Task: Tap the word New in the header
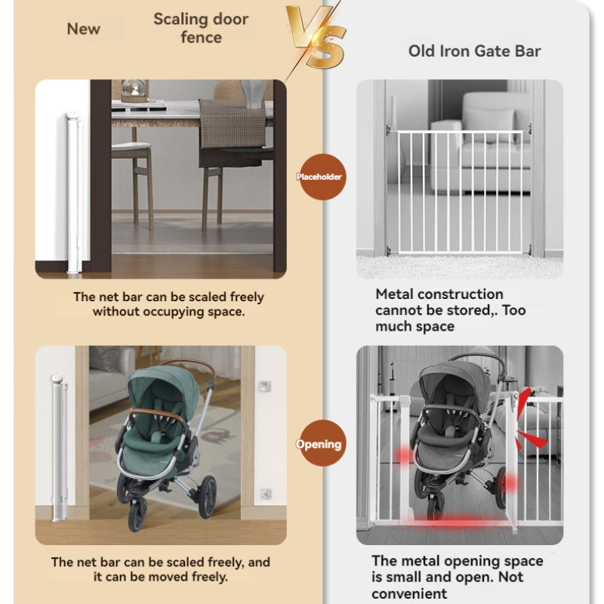click(x=84, y=29)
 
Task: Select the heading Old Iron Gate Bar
click(x=475, y=51)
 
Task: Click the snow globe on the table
click(x=134, y=91)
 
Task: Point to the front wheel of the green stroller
click(x=137, y=514)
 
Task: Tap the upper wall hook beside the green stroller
click(x=265, y=386)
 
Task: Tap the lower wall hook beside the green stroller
click(x=266, y=493)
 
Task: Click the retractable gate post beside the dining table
click(x=73, y=193)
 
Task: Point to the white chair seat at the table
click(x=131, y=146)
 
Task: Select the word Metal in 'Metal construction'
click(x=394, y=294)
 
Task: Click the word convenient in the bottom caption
click(x=409, y=593)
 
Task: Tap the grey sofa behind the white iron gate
click(x=482, y=143)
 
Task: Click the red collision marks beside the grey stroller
click(x=531, y=420)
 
